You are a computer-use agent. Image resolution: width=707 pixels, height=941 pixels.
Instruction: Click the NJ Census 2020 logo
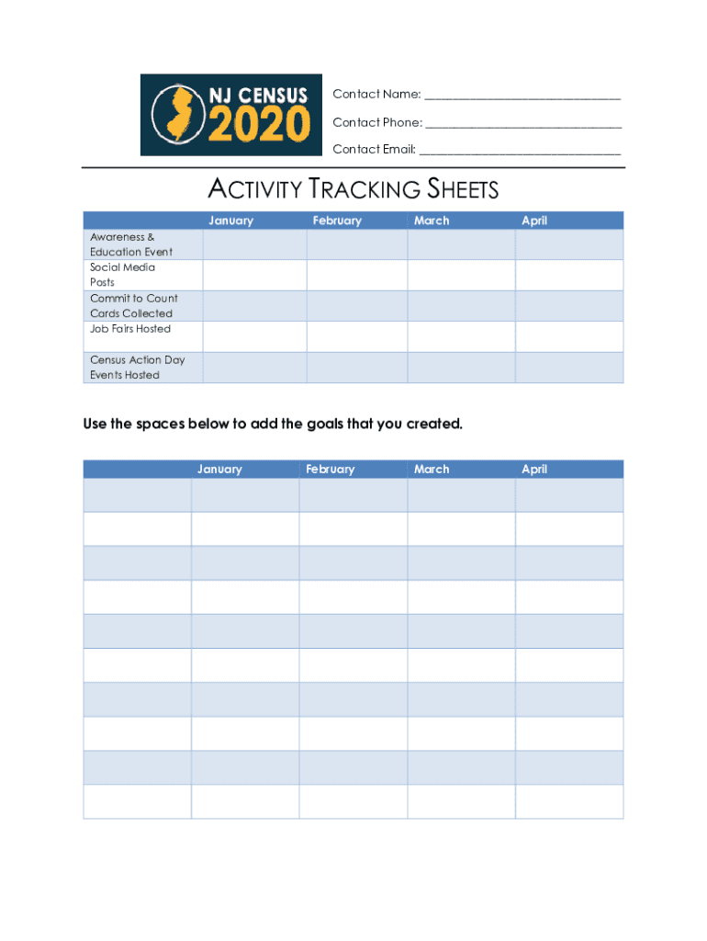click(x=231, y=115)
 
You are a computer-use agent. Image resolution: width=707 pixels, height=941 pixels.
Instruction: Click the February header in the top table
click(x=337, y=221)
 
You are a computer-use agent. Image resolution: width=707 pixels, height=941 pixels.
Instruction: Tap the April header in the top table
click(x=534, y=221)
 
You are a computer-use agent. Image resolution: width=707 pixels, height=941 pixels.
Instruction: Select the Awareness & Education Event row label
click(x=131, y=244)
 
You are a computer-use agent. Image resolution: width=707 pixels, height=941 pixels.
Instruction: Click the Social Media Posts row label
click(x=122, y=275)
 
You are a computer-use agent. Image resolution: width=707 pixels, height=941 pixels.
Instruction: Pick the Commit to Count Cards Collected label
click(x=133, y=306)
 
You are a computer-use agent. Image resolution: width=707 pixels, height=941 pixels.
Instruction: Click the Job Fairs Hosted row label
click(x=130, y=329)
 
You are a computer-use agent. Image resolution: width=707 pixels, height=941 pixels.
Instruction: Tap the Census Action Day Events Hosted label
click(x=137, y=368)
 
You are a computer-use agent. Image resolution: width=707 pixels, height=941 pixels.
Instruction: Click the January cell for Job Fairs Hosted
click(x=254, y=336)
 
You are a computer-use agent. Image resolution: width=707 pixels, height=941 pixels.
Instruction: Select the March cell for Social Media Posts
click(x=461, y=275)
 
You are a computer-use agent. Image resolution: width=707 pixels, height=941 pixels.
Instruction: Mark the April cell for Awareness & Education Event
click(x=568, y=244)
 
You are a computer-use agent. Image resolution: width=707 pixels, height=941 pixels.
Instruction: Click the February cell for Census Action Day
click(x=356, y=368)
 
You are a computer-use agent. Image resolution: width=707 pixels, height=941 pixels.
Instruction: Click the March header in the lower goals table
click(x=432, y=470)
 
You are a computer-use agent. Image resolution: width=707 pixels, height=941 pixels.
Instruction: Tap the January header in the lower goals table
click(x=219, y=470)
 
